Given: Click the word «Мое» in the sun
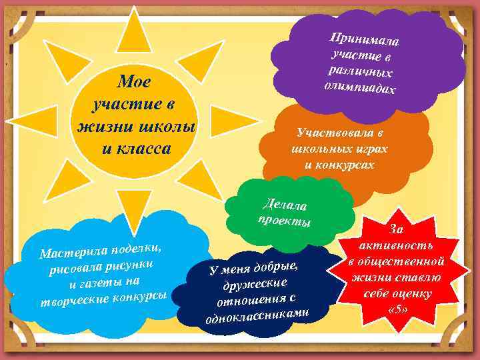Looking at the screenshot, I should pyautogui.click(x=133, y=82).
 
